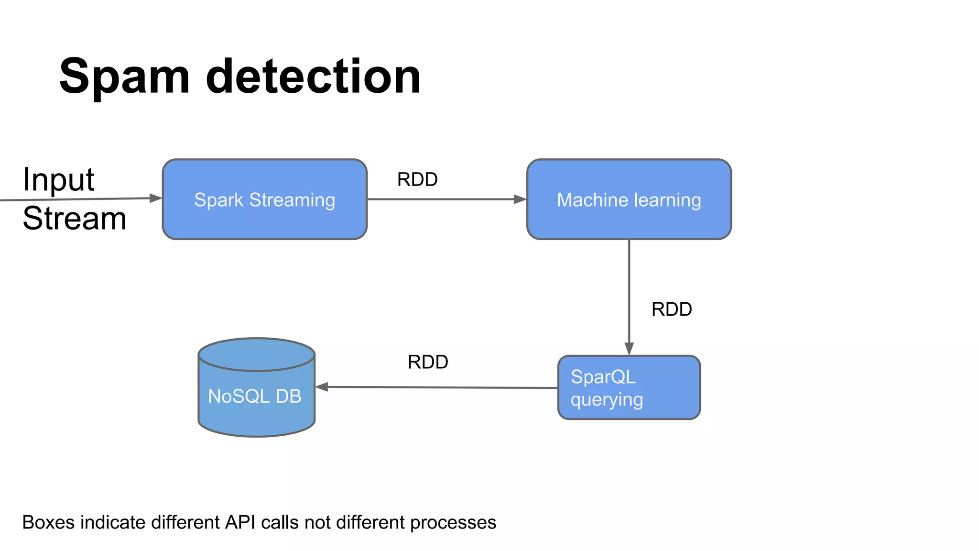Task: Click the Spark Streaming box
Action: click(x=264, y=199)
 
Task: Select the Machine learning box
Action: click(x=629, y=199)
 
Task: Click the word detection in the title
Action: click(x=313, y=77)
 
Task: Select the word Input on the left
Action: click(x=58, y=180)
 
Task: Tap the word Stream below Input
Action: click(x=74, y=219)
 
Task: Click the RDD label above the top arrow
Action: click(x=417, y=180)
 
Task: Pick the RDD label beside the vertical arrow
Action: click(x=671, y=309)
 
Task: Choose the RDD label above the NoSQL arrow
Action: click(x=427, y=362)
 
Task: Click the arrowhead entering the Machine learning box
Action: click(x=520, y=199)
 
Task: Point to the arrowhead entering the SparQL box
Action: click(x=629, y=349)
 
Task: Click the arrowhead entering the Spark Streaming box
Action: click(x=156, y=198)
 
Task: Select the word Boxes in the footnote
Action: click(x=48, y=522)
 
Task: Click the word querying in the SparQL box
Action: click(x=606, y=400)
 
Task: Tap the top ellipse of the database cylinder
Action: click(x=256, y=354)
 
